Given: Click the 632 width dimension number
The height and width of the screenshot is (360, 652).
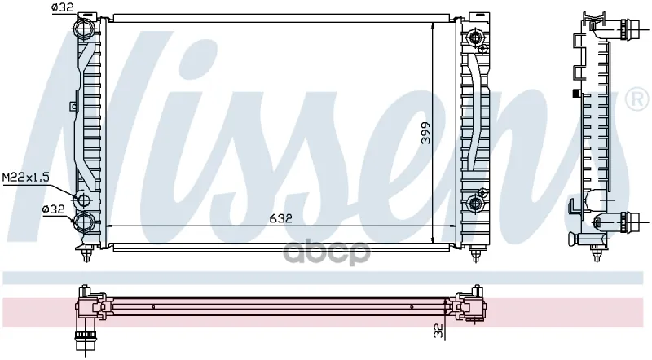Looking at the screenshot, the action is tap(280, 218).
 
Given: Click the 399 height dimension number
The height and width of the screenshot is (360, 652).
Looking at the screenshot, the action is tap(425, 133).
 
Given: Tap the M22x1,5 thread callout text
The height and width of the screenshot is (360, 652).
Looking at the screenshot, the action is tap(26, 178).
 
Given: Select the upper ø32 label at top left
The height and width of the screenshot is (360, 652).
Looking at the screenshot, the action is tap(63, 7).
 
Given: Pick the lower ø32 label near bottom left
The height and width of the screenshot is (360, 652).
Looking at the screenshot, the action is tap(54, 209).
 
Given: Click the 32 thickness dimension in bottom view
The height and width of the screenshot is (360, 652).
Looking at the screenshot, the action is tap(438, 331).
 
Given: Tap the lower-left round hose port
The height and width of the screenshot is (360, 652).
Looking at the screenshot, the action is tap(84, 221).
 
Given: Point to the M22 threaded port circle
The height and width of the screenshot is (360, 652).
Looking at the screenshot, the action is tap(83, 200).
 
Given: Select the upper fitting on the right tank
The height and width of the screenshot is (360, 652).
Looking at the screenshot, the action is tap(474, 38).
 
